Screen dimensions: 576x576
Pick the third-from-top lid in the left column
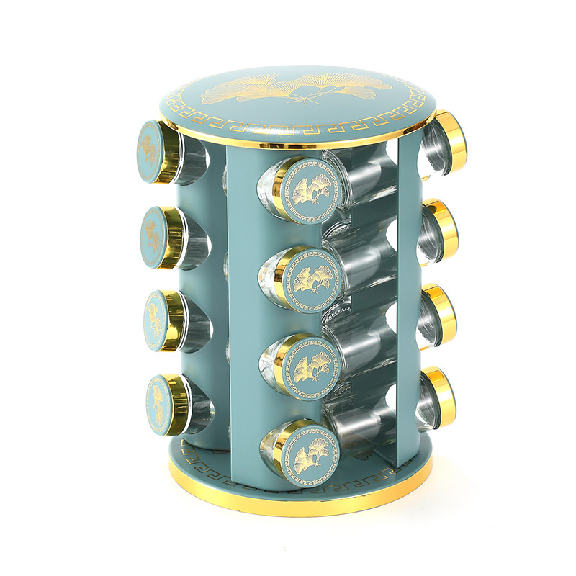tap(159, 320)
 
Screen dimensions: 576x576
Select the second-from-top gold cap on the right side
tap(445, 229)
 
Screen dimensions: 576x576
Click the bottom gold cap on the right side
tap(441, 396)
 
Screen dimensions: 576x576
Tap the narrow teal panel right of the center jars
tap(409, 302)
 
